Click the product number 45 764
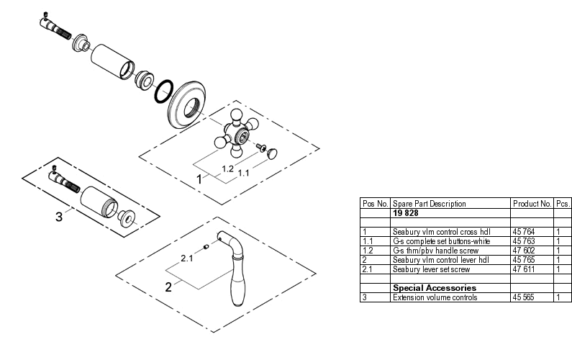coord(523,232)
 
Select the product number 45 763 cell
coord(523,240)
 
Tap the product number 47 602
coord(523,250)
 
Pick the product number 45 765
coord(523,259)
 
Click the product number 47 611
coord(523,269)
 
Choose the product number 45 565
coord(523,297)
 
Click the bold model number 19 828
coord(407,213)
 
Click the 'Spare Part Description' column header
coord(430,204)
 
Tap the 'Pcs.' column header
coord(563,204)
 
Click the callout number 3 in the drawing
coord(60,215)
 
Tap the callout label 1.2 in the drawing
coord(227,168)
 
